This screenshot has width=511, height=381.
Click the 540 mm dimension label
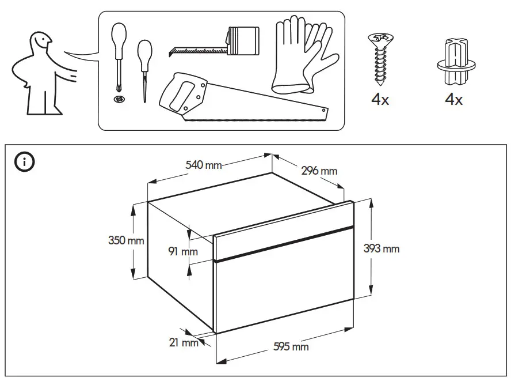(x=203, y=165)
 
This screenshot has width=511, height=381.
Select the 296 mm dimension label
(x=319, y=171)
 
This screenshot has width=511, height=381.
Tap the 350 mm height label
(x=126, y=240)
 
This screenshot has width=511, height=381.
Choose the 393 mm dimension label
(x=382, y=248)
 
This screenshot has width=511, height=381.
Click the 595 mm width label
(x=292, y=346)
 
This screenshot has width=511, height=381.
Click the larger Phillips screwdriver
(x=118, y=55)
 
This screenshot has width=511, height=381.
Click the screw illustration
(x=380, y=58)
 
